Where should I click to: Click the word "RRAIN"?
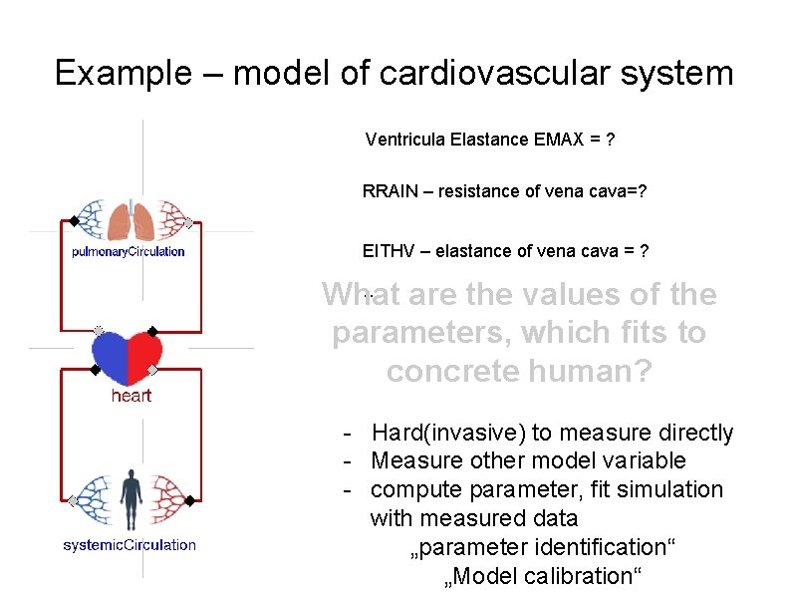pyautogui.click(x=391, y=191)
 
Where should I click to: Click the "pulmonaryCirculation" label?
pyautogui.click(x=129, y=251)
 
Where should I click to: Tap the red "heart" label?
pyautogui.click(x=131, y=396)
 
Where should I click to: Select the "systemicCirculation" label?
pyautogui.click(x=130, y=545)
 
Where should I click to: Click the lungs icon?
pyautogui.click(x=131, y=220)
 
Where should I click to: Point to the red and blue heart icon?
pyautogui.click(x=127, y=358)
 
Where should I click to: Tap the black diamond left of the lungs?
pyautogui.click(x=73, y=220)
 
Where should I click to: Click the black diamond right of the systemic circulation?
pyautogui.click(x=189, y=499)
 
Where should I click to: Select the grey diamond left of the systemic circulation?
pyautogui.click(x=73, y=499)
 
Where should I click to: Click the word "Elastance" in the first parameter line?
pyautogui.click(x=488, y=140)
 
